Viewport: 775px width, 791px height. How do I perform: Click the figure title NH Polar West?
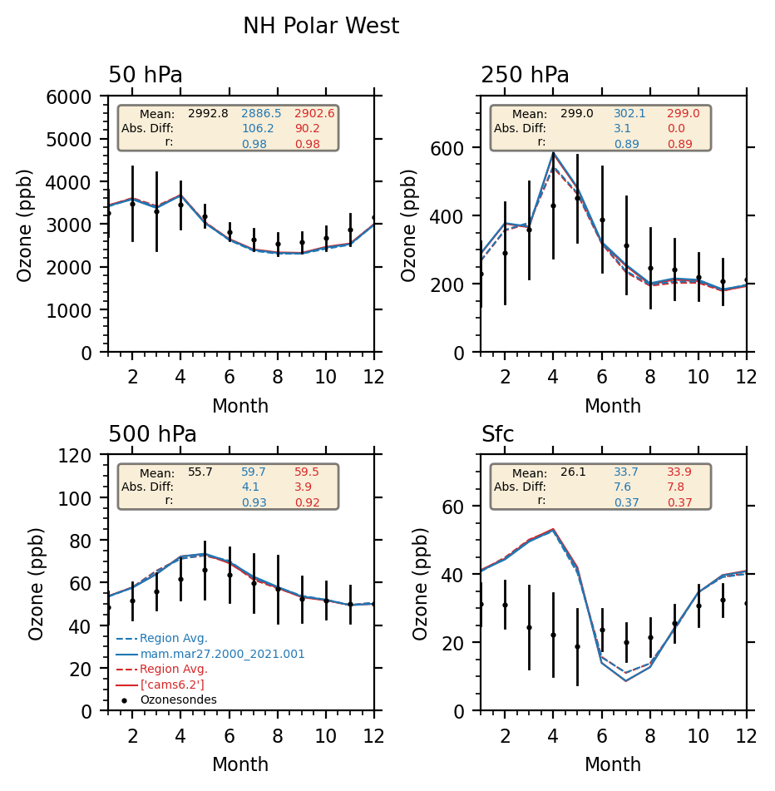pos(321,27)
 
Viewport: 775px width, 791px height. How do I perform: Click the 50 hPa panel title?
pos(146,76)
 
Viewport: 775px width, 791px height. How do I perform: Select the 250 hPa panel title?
pos(525,76)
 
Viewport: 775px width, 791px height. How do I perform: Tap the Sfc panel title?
pos(497,434)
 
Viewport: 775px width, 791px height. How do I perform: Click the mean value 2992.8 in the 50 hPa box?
pos(208,114)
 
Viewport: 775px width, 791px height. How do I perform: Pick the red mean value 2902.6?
pos(314,114)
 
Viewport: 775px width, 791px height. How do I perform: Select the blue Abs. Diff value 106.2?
pos(258,129)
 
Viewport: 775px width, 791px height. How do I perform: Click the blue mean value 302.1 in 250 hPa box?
pos(629,114)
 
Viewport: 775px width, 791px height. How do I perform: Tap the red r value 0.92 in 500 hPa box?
pos(307,502)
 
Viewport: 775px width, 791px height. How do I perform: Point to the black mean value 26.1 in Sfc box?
pos(573,472)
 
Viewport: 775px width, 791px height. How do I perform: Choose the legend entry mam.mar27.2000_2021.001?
pos(222,655)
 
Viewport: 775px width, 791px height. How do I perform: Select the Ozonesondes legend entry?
pos(178,700)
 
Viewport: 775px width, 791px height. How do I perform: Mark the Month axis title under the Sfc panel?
pos(613,764)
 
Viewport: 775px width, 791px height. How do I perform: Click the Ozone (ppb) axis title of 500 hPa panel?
pos(37,583)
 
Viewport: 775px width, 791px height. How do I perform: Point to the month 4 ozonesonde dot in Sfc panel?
pos(552,635)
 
